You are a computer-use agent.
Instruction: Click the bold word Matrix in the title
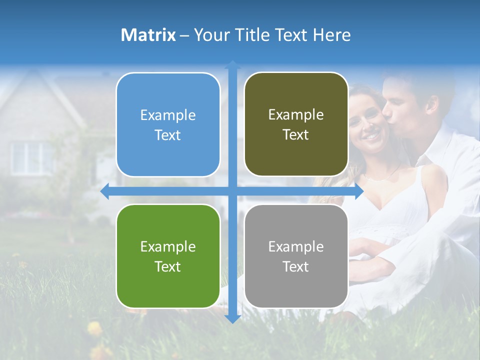pos(148,35)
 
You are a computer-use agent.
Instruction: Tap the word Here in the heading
pos(331,35)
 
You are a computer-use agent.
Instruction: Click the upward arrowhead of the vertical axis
pos(232,64)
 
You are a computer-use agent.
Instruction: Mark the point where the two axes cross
pos(232,191)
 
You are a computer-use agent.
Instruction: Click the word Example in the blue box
pos(168,115)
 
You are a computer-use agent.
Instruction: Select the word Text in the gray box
pos(296,267)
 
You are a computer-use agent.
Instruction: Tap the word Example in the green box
pos(168,247)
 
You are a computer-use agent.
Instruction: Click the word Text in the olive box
pos(296,135)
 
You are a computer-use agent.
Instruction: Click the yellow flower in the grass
pos(94,328)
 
